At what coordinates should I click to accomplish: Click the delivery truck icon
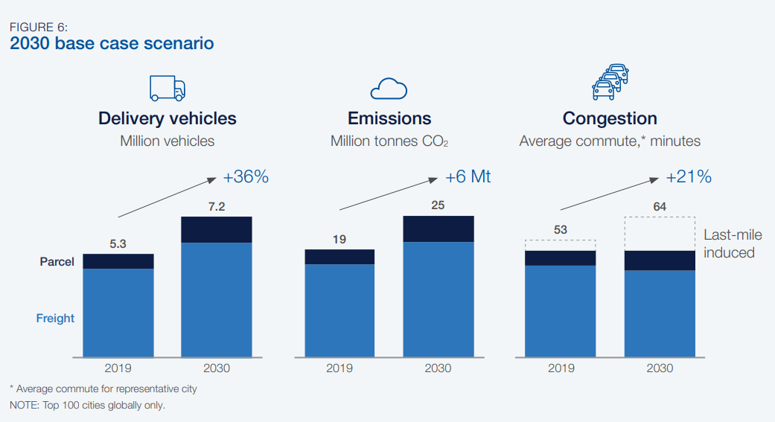[x=168, y=88]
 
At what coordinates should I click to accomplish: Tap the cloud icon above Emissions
[x=389, y=89]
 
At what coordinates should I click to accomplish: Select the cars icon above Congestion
[x=610, y=82]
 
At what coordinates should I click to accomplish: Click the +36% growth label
[x=246, y=178]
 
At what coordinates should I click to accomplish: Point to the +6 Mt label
[x=468, y=178]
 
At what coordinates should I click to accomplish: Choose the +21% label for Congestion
[x=689, y=177]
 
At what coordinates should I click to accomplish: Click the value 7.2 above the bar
[x=217, y=206]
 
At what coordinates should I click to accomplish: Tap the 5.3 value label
[x=118, y=243]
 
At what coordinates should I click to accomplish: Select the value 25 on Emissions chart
[x=438, y=205]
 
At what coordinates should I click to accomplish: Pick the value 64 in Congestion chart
[x=660, y=206]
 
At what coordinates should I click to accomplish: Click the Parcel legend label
[x=57, y=262]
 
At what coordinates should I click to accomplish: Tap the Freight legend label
[x=56, y=319]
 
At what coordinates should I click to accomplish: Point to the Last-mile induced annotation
[x=733, y=244]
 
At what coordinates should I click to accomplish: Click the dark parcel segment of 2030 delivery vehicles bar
[x=217, y=229]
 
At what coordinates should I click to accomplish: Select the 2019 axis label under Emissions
[x=339, y=368]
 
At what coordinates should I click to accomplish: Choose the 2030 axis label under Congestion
[x=660, y=368]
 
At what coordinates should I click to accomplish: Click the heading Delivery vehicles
[x=168, y=118]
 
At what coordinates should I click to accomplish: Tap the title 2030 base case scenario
[x=112, y=43]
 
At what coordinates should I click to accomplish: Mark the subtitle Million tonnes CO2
[x=389, y=141]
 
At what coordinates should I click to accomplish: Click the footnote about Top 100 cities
[x=87, y=406]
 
